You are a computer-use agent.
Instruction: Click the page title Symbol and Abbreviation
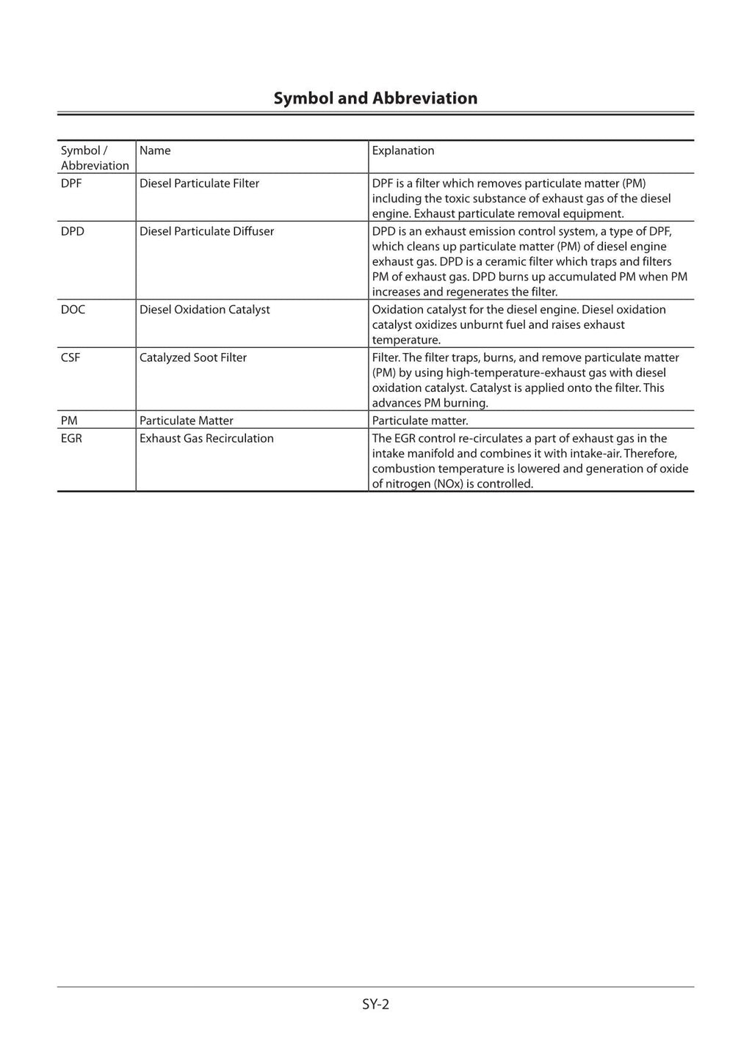(375, 98)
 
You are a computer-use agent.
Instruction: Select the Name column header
(155, 150)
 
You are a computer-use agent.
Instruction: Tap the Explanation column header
(402, 150)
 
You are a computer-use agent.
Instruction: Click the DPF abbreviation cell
(71, 183)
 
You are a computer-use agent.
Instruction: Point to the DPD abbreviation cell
(73, 231)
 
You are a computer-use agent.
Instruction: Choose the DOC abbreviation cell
(73, 310)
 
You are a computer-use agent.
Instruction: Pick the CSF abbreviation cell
(70, 357)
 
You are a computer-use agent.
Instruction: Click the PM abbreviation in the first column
(69, 421)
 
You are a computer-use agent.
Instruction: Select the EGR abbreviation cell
(71, 438)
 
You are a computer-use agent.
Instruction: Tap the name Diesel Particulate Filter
(199, 183)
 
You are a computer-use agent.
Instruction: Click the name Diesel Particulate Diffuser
(206, 231)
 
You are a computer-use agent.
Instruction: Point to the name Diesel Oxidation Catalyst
(204, 310)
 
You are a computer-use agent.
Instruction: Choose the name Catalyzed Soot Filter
(192, 357)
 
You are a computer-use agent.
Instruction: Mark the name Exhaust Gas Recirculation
(206, 438)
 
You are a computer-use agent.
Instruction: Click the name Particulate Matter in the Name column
(186, 421)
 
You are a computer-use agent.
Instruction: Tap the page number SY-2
(375, 1004)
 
